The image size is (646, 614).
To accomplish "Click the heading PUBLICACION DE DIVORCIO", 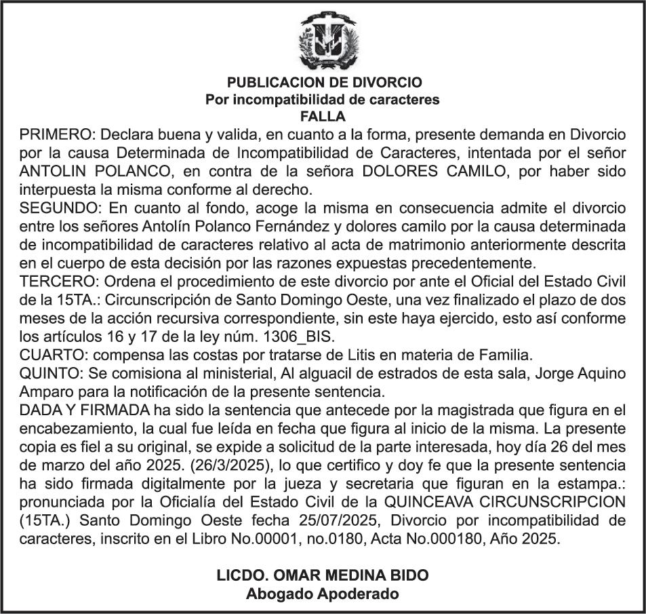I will tap(324, 83).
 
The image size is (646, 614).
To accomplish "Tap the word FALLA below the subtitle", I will tap(323, 116).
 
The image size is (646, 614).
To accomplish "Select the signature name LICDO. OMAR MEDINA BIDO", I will tap(323, 576).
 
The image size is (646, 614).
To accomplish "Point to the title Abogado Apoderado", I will tap(323, 594).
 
